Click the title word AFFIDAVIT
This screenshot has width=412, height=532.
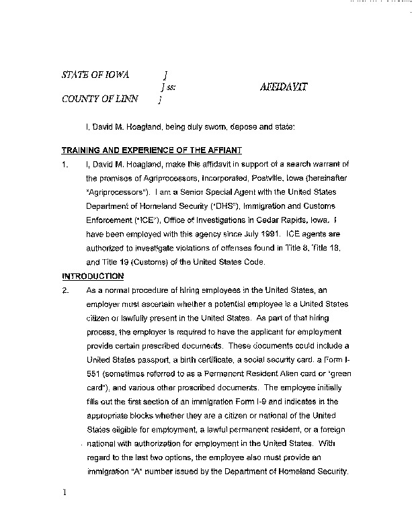[x=284, y=87]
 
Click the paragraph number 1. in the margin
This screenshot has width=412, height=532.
[x=65, y=164]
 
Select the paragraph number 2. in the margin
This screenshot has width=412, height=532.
[x=65, y=291]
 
